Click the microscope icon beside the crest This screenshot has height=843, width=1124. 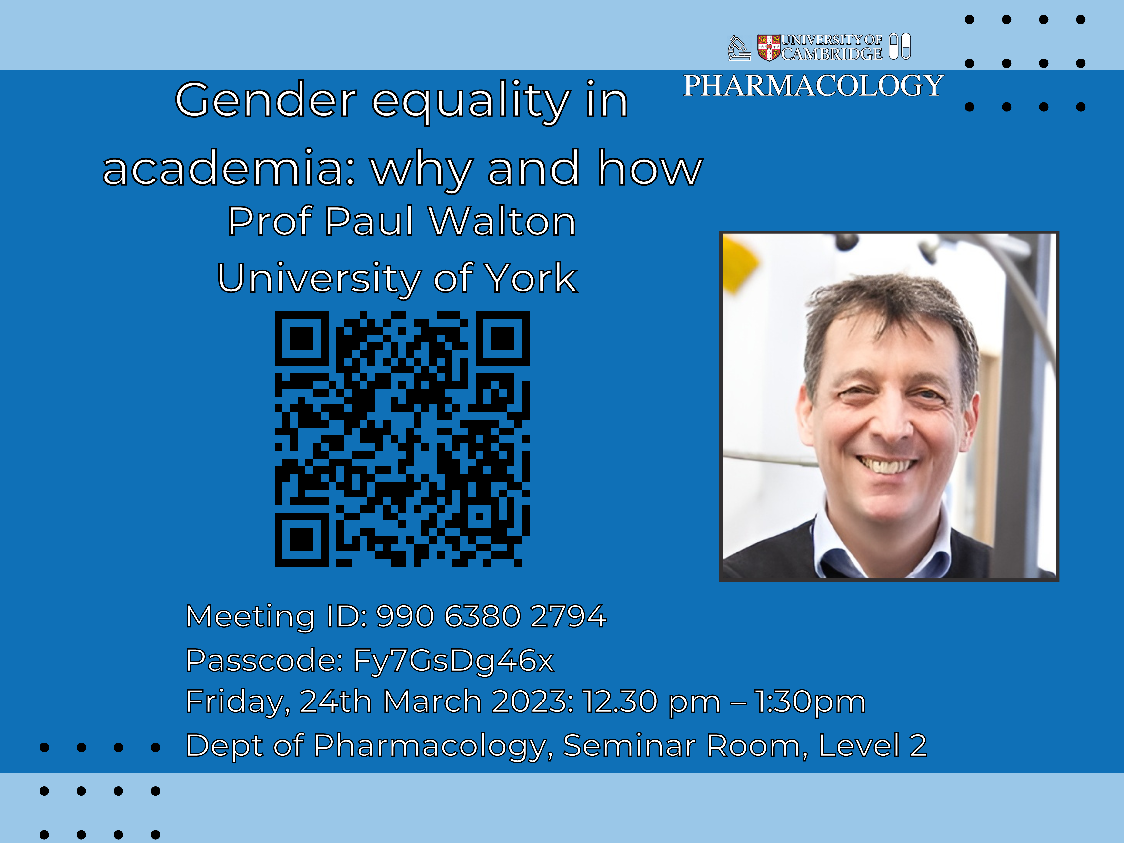[x=739, y=48]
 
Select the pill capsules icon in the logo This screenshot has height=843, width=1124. [x=900, y=46]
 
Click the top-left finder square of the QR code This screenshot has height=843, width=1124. [x=302, y=338]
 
